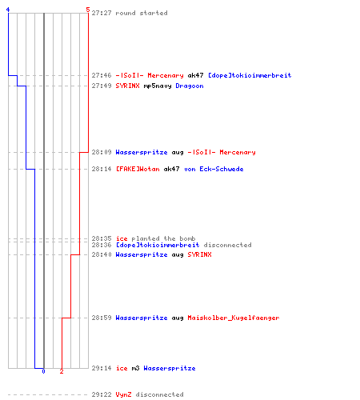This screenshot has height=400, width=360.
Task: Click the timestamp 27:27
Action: click(102, 13)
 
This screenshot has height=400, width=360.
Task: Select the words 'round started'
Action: click(142, 13)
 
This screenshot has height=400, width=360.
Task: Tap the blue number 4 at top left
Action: click(8, 10)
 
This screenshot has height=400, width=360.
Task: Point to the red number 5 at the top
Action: click(88, 10)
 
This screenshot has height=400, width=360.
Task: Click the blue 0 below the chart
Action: click(43, 371)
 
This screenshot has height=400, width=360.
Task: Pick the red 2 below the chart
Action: click(62, 371)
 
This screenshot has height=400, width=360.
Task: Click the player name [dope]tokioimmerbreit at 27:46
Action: click(250, 75)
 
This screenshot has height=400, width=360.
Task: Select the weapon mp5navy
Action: click(158, 86)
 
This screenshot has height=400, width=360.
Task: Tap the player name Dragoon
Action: click(190, 86)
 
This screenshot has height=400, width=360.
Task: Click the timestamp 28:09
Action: click(102, 152)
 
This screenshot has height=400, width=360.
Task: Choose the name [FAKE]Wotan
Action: click(138, 169)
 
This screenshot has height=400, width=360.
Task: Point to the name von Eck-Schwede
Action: click(214, 169)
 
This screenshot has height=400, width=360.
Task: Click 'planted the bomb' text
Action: click(163, 238)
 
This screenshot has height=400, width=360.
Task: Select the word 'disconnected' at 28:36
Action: click(227, 245)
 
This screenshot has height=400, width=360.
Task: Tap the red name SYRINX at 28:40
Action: click(199, 254)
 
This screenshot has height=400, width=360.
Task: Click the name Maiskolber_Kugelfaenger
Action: click(234, 318)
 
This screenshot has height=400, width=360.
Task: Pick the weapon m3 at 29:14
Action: click(135, 368)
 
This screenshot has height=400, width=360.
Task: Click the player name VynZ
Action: click(123, 394)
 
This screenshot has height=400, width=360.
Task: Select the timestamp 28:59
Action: click(102, 318)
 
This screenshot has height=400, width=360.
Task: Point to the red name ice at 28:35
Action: click(122, 238)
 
